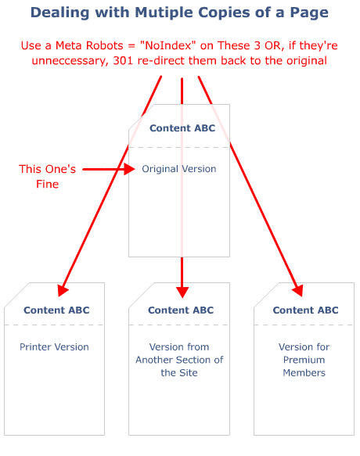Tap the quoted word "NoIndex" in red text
coord(168,46)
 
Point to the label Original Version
coord(179,169)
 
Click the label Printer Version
coord(55,346)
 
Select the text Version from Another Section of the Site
coord(179,360)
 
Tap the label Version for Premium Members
coord(304,360)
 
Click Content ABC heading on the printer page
coord(56,310)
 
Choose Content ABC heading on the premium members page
coord(305,310)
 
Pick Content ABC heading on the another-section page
coord(181,310)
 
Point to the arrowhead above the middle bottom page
coord(182,290)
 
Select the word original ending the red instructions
coord(301,60)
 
